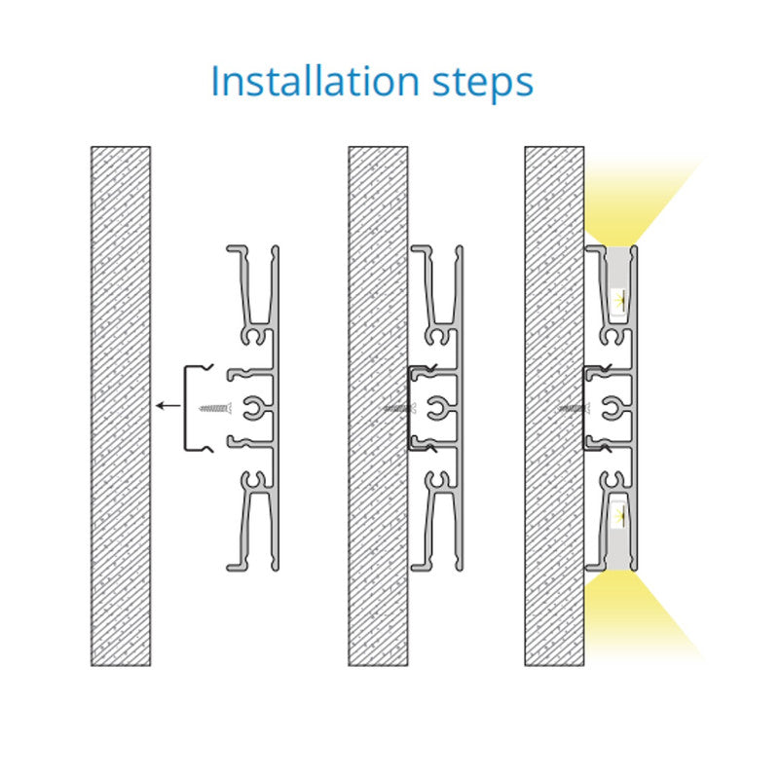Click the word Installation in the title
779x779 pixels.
click(x=315, y=81)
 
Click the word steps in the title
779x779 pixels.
click(x=483, y=83)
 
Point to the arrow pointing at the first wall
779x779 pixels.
click(x=167, y=406)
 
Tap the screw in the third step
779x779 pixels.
click(x=574, y=408)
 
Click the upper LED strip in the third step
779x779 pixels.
click(x=618, y=301)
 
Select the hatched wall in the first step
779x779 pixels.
click(x=121, y=406)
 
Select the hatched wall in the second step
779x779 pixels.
click(x=378, y=406)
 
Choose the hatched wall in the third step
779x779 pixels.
click(x=554, y=406)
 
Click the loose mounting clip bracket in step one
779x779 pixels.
click(x=185, y=408)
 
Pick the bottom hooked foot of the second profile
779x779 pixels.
click(x=422, y=567)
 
